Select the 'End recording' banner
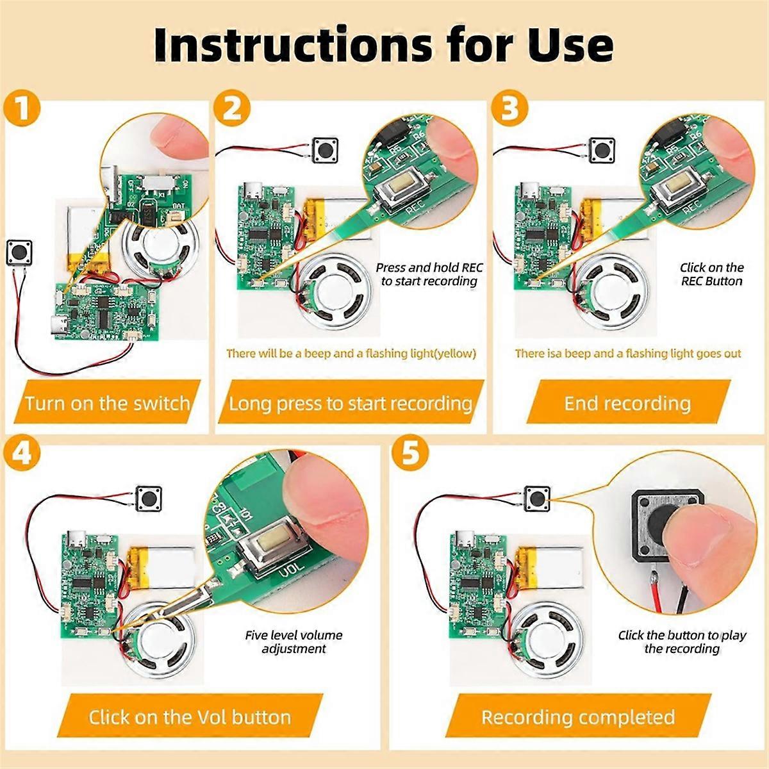tap(627, 403)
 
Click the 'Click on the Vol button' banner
tap(190, 716)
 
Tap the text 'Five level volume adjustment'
tap(294, 641)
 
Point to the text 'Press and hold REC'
tap(429, 268)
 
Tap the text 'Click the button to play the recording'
tap(682, 641)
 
